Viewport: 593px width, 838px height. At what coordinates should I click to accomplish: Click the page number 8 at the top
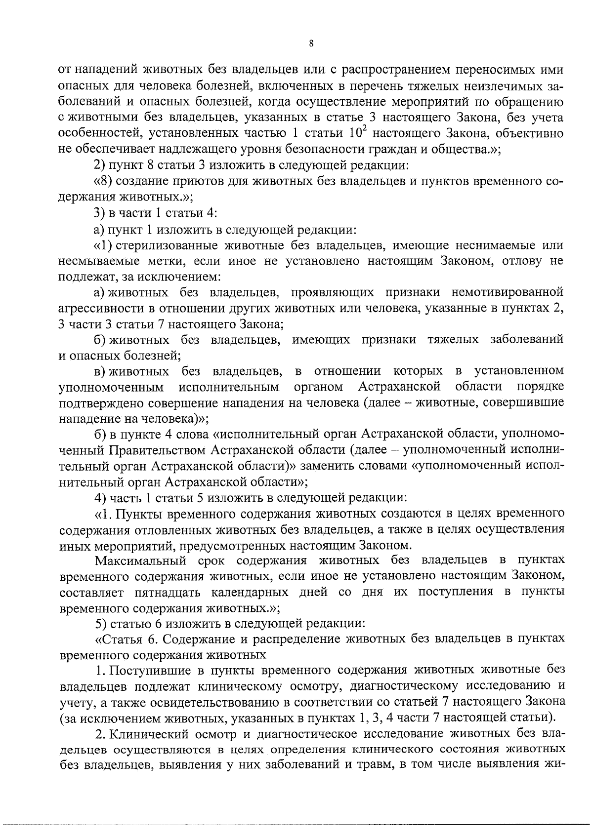point(311,43)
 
